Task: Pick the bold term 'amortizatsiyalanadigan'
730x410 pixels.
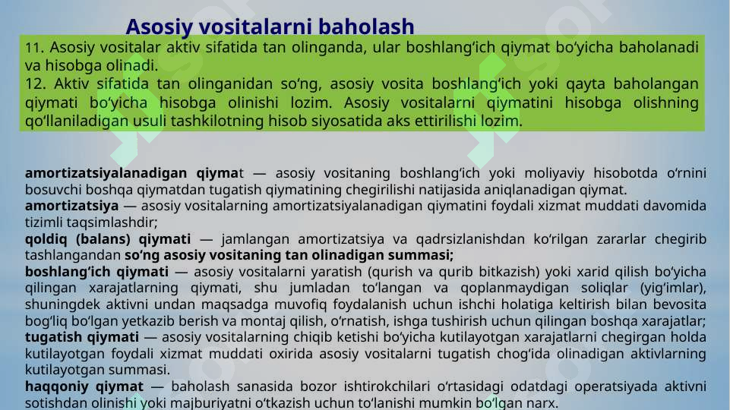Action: pyautogui.click(x=105, y=174)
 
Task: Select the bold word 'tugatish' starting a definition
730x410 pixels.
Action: pyautogui.click(x=52, y=337)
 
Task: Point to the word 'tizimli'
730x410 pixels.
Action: pyautogui.click(x=45, y=222)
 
